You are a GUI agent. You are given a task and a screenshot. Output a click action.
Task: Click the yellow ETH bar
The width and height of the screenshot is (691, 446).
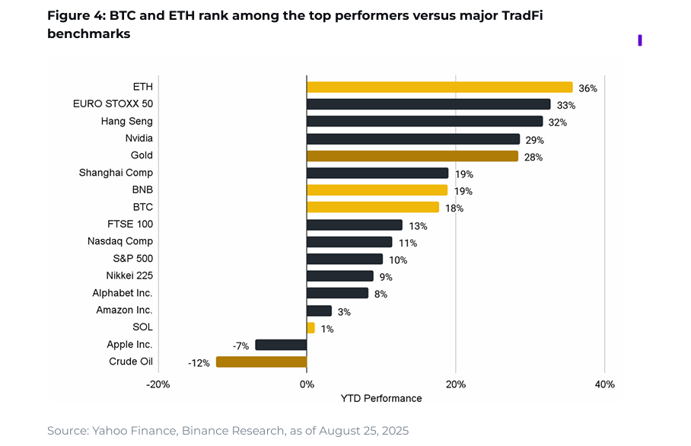point(439,87)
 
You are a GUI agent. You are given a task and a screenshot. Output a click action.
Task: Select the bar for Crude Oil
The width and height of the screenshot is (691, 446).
point(261,362)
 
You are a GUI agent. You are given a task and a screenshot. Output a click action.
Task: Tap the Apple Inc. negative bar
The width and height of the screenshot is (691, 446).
point(281,345)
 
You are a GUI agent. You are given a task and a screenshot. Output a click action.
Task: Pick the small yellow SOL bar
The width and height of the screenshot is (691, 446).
point(310,327)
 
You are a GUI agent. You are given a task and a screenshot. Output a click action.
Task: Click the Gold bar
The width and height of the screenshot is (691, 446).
point(412,156)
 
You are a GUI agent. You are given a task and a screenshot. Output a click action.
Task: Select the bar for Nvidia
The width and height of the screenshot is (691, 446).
point(412,139)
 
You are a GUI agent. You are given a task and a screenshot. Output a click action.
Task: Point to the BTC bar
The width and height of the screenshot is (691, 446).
point(373,207)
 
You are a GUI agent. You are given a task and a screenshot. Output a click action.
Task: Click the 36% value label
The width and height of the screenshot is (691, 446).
point(588,88)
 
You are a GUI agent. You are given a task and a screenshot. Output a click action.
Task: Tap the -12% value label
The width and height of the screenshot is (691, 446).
point(199,363)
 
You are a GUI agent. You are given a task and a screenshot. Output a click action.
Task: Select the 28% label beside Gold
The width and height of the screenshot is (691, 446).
point(533,157)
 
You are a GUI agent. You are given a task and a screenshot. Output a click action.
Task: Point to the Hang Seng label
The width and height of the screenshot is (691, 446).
point(126,121)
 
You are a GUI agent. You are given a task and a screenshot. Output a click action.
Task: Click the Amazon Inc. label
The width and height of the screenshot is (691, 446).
point(124,310)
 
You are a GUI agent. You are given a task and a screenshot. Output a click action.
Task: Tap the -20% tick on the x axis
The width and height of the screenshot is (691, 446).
point(158,384)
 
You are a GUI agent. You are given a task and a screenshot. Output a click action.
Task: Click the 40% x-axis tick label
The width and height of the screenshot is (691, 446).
point(603,384)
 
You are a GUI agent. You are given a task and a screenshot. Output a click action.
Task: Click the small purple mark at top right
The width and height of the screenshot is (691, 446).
point(640,40)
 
